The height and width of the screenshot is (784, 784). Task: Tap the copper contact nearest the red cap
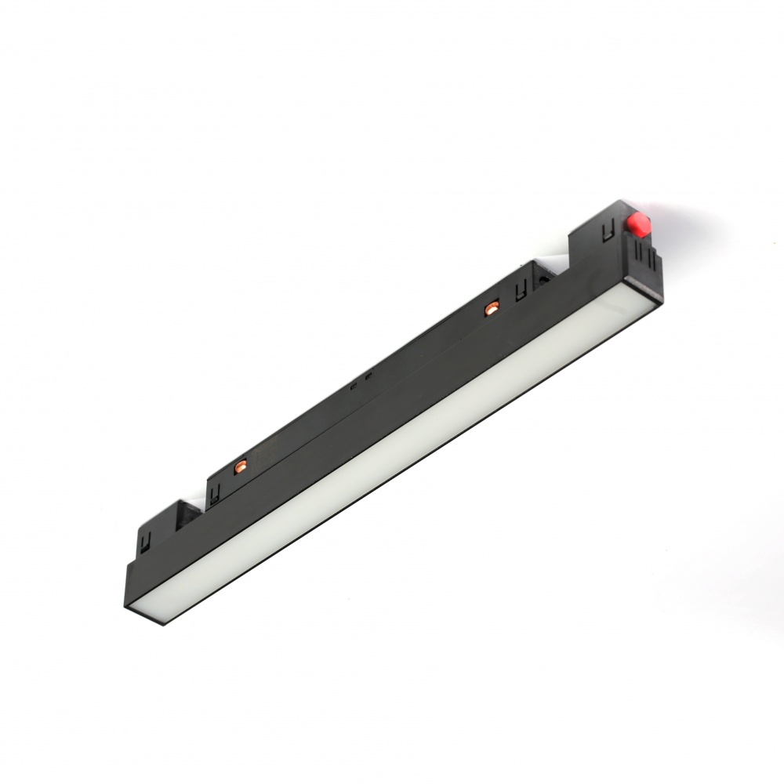point(492,308)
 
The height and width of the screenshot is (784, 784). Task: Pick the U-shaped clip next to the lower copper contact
point(213,493)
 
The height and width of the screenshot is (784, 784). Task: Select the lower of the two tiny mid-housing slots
point(354,386)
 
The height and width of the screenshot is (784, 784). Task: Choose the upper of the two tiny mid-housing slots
point(368,377)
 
